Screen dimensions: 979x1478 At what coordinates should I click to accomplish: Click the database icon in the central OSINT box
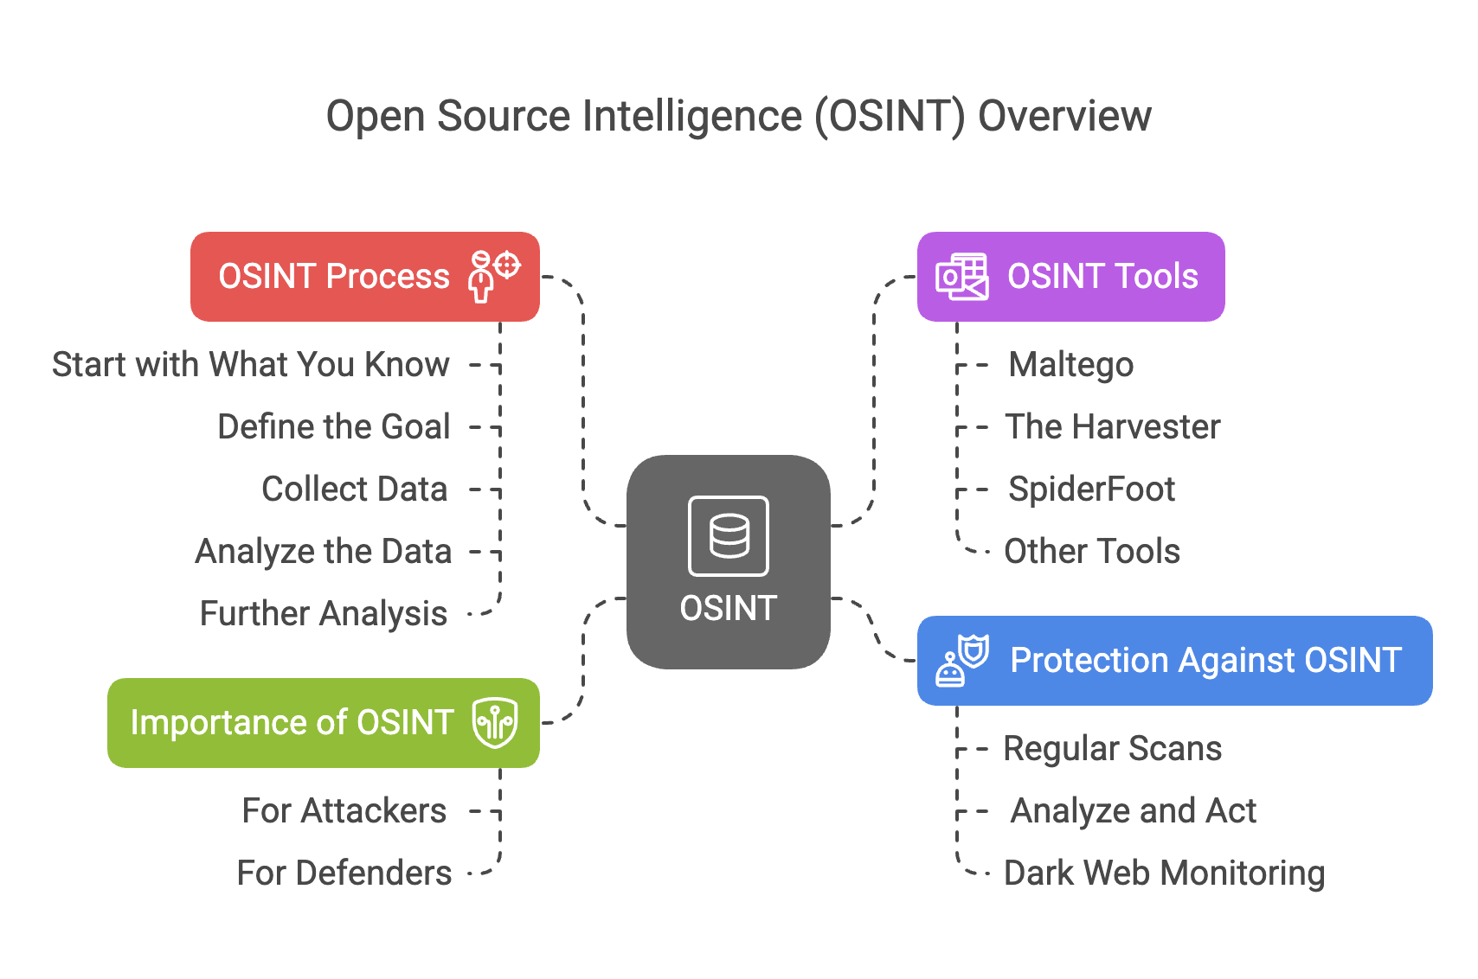coord(729,536)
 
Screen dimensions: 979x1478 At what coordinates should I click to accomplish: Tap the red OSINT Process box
coord(364,277)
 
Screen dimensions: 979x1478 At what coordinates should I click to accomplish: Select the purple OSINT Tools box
coord(1070,277)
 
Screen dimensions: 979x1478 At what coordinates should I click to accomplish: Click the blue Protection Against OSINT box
coord(1174,661)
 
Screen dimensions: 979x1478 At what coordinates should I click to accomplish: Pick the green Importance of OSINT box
coord(323,723)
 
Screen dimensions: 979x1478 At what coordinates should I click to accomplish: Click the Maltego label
coord(1070,365)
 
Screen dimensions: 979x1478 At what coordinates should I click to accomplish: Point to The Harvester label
coord(1112,427)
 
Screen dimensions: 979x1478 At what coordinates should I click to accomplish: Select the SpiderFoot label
coord(1091,489)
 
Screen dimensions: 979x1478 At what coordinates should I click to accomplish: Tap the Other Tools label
coord(1091,552)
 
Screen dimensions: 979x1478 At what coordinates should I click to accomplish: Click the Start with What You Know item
coord(251,365)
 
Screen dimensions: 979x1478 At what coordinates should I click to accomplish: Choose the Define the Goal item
coord(334,427)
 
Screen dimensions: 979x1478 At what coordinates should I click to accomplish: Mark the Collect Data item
coord(355,489)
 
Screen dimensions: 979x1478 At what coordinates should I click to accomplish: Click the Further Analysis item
coord(324,614)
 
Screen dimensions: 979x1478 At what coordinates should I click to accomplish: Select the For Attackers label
coord(344,811)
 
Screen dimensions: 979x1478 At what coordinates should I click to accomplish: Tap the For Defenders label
coord(344,873)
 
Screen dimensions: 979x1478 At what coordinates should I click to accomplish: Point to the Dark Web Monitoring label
coord(1164,873)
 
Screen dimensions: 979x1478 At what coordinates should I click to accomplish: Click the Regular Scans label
coord(1112,749)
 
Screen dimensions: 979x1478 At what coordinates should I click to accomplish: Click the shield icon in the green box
coord(495,723)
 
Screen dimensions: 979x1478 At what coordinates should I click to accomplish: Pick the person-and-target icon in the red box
coord(493,276)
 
